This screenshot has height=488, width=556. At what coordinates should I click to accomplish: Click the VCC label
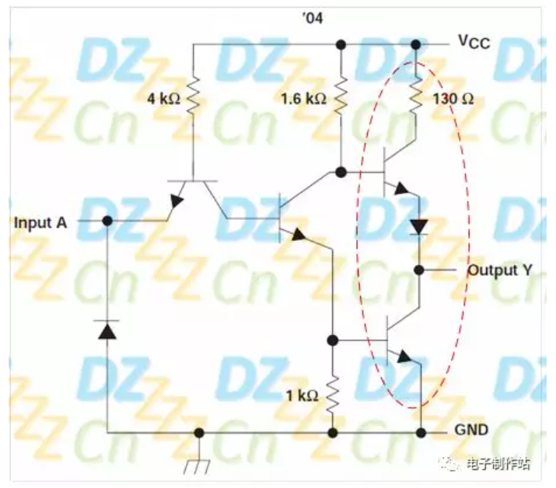[x=473, y=43]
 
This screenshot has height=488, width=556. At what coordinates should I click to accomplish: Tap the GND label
[x=472, y=430]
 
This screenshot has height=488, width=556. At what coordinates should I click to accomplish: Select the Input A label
[x=40, y=222]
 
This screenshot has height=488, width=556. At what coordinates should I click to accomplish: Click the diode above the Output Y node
[x=418, y=226]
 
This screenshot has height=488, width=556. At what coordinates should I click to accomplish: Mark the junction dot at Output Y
[x=418, y=270]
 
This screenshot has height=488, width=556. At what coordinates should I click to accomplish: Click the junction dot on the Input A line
[x=107, y=221]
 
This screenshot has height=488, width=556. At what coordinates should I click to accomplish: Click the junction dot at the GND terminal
[x=421, y=432]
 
